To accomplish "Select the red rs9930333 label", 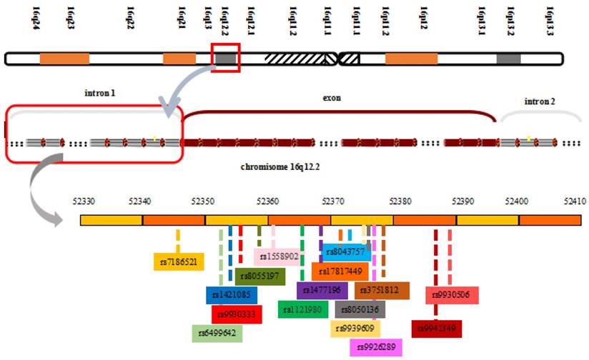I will click(237, 314).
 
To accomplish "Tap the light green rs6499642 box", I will click(218, 333).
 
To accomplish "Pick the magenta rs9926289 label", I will click(376, 347).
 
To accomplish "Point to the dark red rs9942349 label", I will click(437, 329).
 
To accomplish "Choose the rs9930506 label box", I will click(452, 294).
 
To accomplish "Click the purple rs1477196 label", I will click(322, 290).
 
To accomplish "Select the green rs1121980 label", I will click(304, 309).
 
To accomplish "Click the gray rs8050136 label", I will click(360, 309).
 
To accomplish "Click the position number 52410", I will click(574, 202).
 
